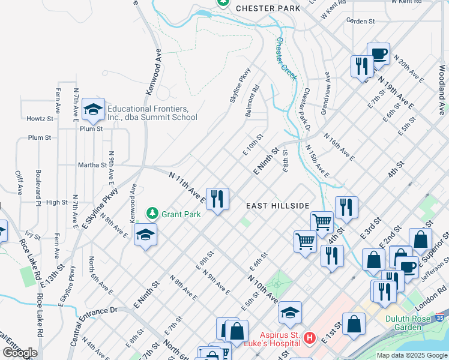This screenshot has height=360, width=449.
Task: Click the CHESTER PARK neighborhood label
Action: point(268,8)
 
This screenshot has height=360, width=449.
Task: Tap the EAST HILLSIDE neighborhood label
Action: point(278,205)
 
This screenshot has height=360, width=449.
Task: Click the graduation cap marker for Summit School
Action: point(93,109)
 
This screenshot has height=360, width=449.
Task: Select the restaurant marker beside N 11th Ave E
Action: point(217,199)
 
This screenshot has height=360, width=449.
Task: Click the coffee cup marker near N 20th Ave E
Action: point(378,53)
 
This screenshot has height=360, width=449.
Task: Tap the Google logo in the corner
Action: point(20,353)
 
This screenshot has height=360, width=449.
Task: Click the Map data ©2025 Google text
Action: point(411,355)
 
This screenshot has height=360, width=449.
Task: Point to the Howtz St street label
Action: point(40,119)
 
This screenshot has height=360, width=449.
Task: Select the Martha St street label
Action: point(92,164)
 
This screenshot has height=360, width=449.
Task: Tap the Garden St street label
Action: point(361,21)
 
